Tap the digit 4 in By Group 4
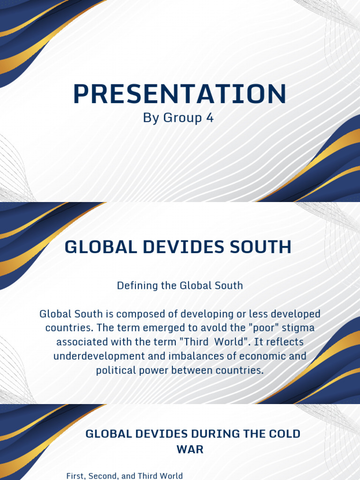click(x=210, y=118)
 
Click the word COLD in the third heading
click(x=283, y=434)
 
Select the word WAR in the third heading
click(x=190, y=449)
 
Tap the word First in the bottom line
click(x=76, y=476)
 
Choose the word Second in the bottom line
click(x=102, y=476)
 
